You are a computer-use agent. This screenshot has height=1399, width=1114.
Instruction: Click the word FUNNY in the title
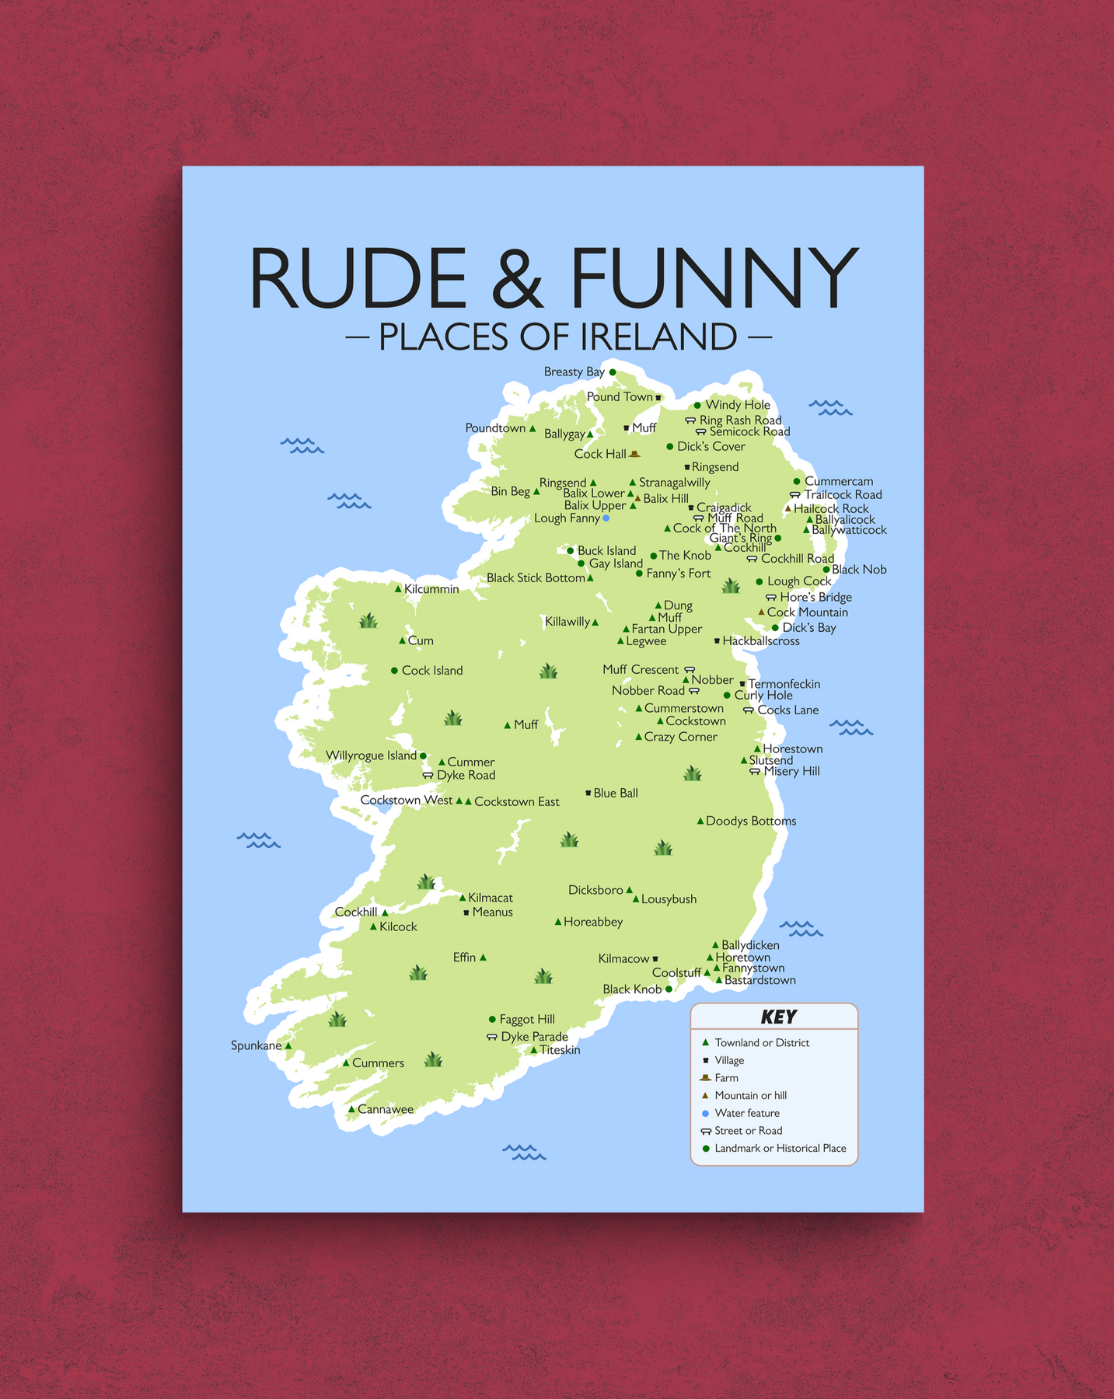pyautogui.click(x=714, y=278)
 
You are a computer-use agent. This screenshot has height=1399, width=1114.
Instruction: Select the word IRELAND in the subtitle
pyautogui.click(x=658, y=337)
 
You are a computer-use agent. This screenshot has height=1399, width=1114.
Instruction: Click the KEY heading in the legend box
pyautogui.click(x=778, y=1017)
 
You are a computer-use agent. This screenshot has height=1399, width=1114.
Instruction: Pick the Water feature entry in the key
pyautogui.click(x=746, y=1113)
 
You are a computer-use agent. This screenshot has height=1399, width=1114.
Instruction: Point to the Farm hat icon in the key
pyautogui.click(x=706, y=1077)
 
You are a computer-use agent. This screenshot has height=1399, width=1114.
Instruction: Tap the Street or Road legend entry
pyautogui.click(x=748, y=1131)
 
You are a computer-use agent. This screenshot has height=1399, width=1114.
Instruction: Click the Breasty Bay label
pyautogui.click(x=574, y=372)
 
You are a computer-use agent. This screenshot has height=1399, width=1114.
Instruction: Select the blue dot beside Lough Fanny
pyautogui.click(x=606, y=518)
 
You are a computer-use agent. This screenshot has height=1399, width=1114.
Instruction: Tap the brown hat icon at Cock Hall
pyautogui.click(x=634, y=454)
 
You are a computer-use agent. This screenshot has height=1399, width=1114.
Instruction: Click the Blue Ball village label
pyautogui.click(x=615, y=794)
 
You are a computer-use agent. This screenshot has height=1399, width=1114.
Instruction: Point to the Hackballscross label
pyautogui.click(x=760, y=641)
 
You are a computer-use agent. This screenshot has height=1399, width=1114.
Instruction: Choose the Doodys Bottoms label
pyautogui.click(x=750, y=822)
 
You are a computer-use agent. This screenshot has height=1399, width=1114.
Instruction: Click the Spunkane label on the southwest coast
pyautogui.click(x=256, y=1046)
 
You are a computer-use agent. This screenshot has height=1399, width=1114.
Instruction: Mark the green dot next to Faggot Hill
pyautogui.click(x=492, y=1019)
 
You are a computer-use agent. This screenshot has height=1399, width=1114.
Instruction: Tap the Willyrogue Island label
pyautogui.click(x=371, y=755)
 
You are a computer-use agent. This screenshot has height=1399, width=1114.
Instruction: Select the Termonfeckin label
pyautogui.click(x=784, y=684)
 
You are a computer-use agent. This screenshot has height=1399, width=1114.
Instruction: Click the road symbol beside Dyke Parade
pyautogui.click(x=491, y=1037)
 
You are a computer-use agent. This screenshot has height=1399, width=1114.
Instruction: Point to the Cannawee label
pyautogui.click(x=385, y=1110)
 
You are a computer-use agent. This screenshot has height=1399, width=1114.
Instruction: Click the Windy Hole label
pyautogui.click(x=737, y=405)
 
